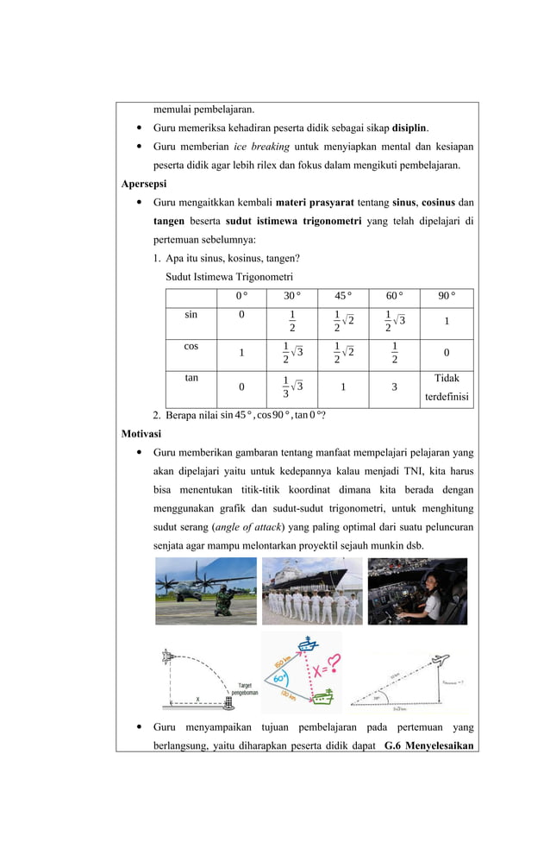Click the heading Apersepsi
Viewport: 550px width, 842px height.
[x=144, y=184]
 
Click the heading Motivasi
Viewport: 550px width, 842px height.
[x=143, y=433]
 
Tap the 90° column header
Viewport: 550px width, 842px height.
[x=446, y=297]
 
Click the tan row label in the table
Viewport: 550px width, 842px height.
[x=191, y=378]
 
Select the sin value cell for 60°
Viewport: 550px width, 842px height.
[x=394, y=320]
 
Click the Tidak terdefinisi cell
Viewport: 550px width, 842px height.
[x=446, y=387]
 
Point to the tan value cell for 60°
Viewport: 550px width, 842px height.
[x=394, y=387]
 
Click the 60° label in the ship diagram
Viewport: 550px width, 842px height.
[x=280, y=679]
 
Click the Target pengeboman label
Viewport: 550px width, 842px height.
[x=241, y=688]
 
